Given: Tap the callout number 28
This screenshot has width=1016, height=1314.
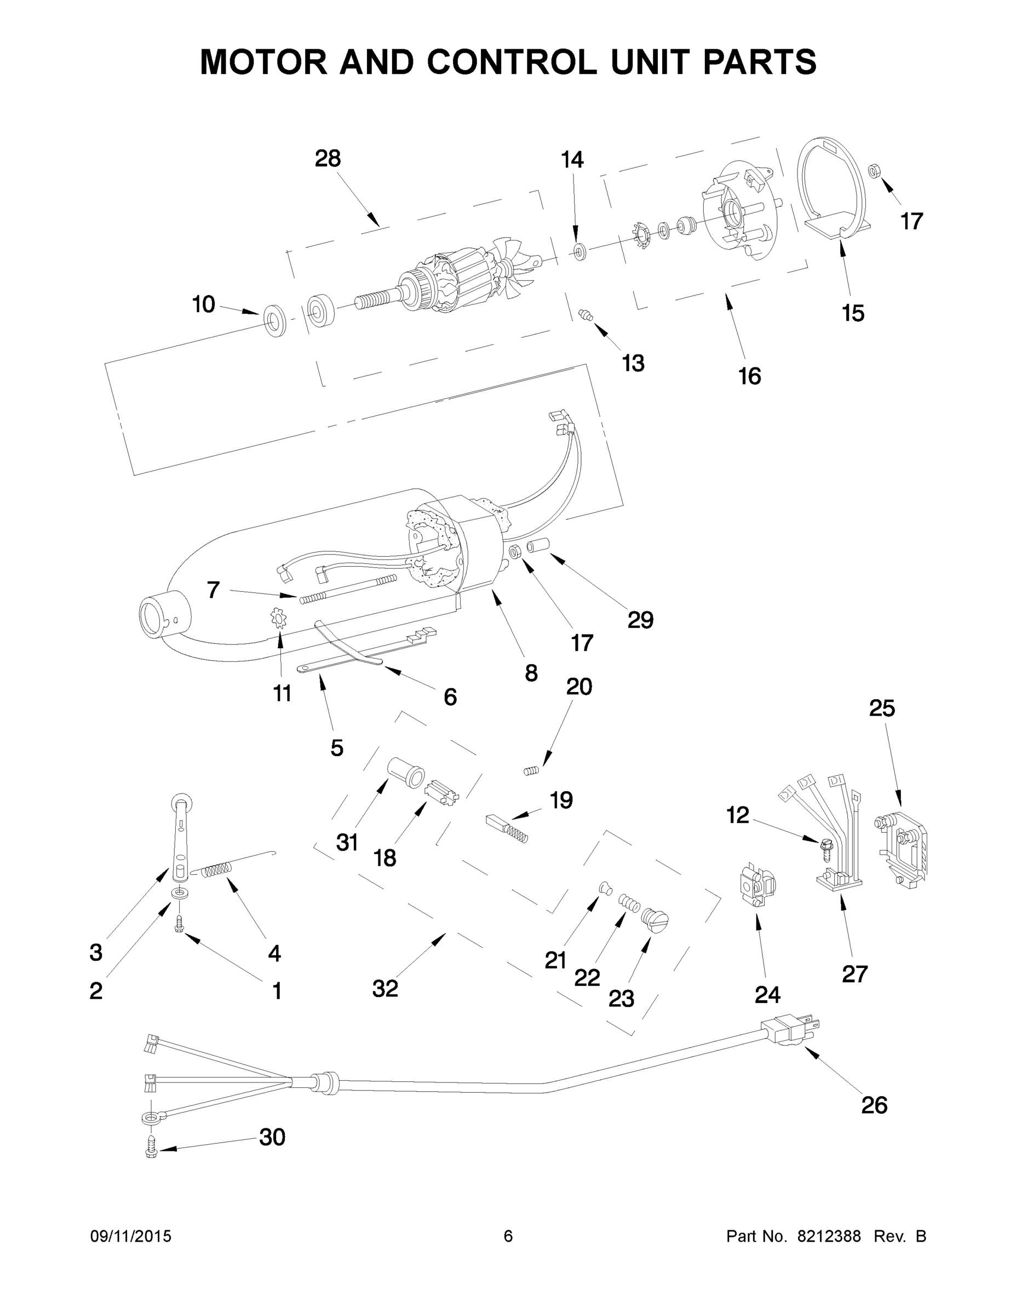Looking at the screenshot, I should point(328,158).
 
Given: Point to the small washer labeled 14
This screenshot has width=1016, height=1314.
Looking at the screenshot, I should point(580,251).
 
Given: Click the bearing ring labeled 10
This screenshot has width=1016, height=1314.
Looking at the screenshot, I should point(275,320).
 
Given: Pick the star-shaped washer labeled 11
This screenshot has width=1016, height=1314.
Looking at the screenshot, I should point(279,619).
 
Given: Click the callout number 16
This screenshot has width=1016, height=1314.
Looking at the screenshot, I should point(750,376).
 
